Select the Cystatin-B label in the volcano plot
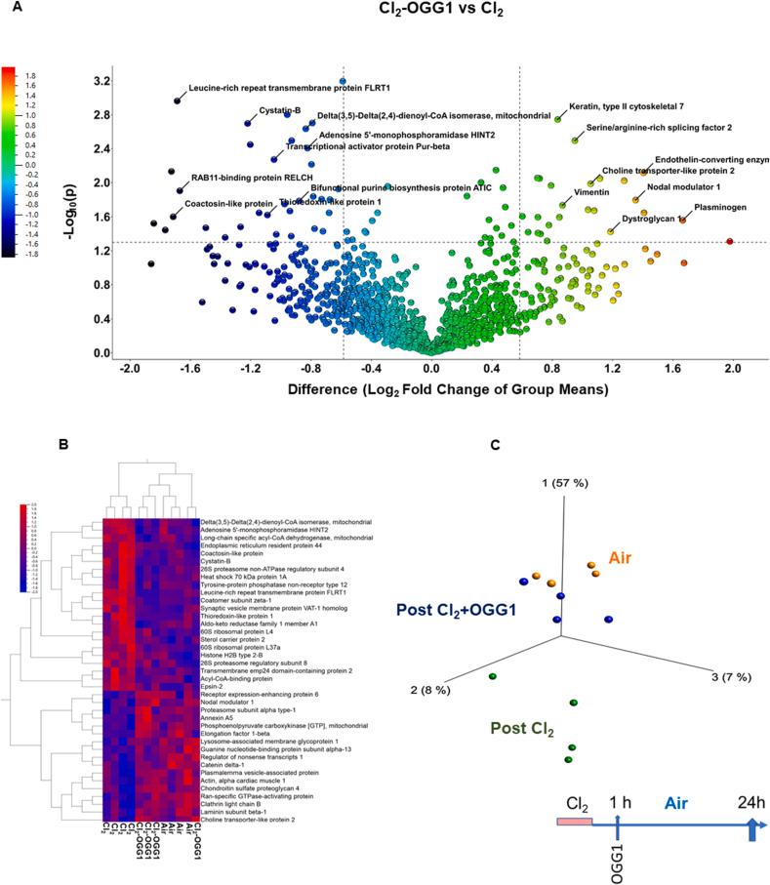point(279,110)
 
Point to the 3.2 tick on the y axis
point(101,81)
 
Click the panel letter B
point(63,445)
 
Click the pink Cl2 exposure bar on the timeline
point(574,824)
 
